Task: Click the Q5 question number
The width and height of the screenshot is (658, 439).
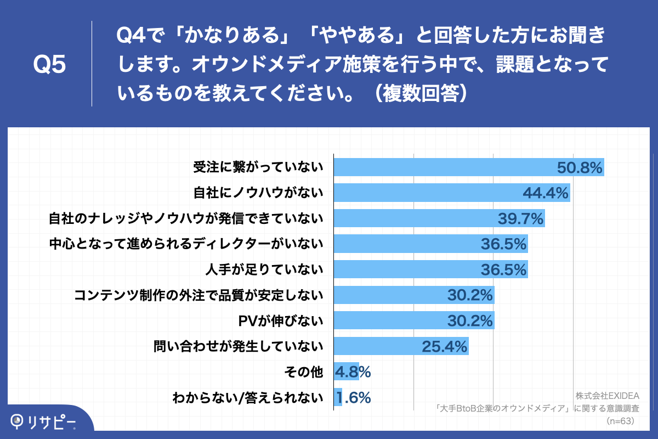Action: coord(49,65)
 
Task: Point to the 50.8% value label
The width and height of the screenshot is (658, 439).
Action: coord(580,167)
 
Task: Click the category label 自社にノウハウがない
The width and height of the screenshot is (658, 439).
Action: coord(258,193)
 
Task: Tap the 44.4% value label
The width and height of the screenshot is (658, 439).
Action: coord(546,193)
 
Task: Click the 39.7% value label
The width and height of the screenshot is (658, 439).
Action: coord(520,219)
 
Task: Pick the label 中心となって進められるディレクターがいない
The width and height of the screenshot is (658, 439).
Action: coord(186,244)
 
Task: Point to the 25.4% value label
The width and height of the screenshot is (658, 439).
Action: coord(444,346)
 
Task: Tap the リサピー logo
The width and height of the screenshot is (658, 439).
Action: coord(44,421)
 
